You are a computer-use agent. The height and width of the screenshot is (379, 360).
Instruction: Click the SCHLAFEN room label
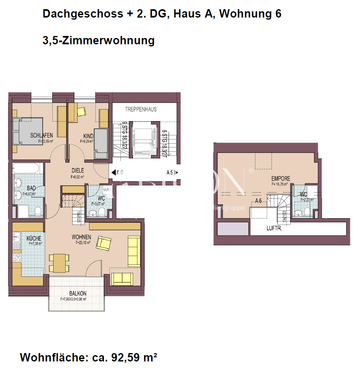click(x=41, y=135)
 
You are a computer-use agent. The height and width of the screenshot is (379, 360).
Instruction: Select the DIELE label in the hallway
click(x=78, y=170)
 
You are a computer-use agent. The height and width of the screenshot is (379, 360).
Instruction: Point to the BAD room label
click(x=31, y=188)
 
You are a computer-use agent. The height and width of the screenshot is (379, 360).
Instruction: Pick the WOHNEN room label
click(x=81, y=237)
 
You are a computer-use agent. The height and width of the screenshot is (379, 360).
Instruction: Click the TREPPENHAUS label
click(x=141, y=109)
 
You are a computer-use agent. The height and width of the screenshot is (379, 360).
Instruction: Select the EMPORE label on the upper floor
click(x=281, y=178)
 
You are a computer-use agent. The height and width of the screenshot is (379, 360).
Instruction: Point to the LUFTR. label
click(x=275, y=229)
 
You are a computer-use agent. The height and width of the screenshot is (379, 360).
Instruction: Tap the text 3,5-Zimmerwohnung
click(x=99, y=41)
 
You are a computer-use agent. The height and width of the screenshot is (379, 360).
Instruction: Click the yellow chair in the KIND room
click(x=81, y=111)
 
